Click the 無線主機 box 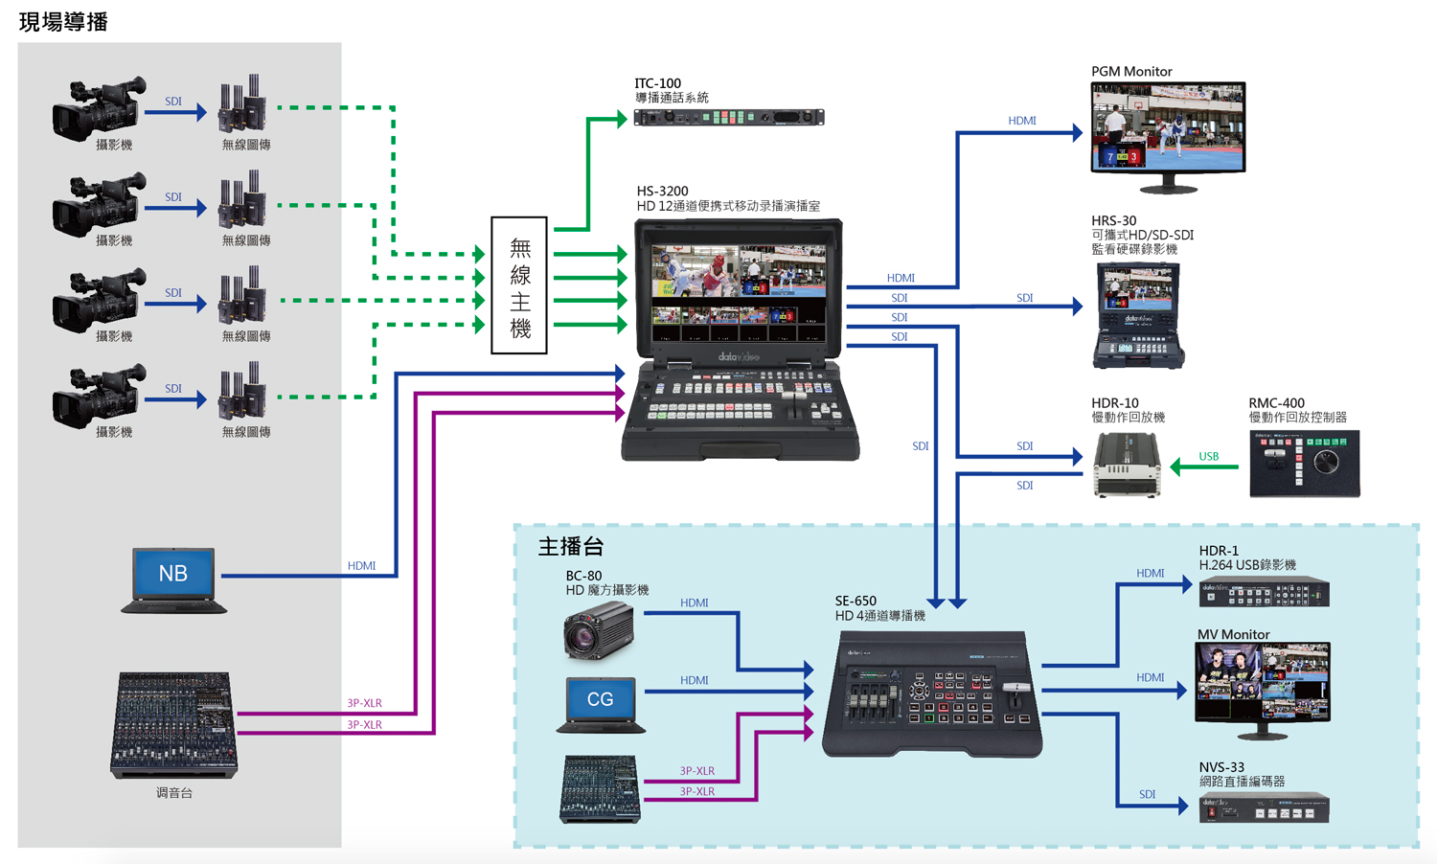(519, 284)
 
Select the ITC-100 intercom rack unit (729, 118)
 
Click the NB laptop (173, 580)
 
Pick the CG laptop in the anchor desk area (601, 705)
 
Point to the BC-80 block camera (599, 630)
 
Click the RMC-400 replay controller (1304, 463)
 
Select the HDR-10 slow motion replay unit (1127, 465)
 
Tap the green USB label (1209, 456)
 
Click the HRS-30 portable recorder (1138, 315)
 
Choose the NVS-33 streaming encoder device (1264, 808)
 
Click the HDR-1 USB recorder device (1264, 591)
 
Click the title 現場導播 (63, 22)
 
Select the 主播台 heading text (571, 547)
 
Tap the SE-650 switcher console (932, 694)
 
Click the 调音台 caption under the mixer (173, 793)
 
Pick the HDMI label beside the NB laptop (362, 566)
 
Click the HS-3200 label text (662, 192)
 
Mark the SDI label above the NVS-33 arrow (1147, 794)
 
